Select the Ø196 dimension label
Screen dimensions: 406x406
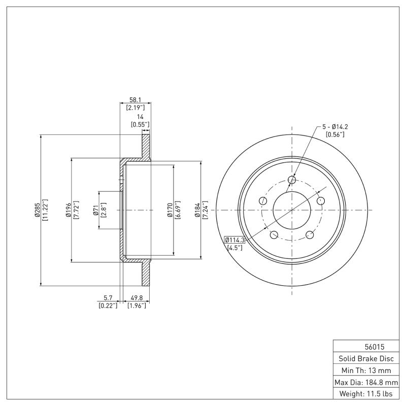[x=67, y=210]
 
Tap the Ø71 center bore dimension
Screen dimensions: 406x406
[x=95, y=210]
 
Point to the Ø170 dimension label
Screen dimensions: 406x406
[x=170, y=210]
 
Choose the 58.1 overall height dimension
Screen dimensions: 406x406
[x=135, y=100]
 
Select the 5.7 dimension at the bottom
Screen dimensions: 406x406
[x=108, y=298]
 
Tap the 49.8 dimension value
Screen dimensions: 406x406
[x=136, y=298]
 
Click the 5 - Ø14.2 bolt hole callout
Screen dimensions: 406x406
[x=335, y=126]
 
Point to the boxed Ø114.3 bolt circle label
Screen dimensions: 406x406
[x=234, y=240]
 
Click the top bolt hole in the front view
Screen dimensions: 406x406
[x=292, y=180]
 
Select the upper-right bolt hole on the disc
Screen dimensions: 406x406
[x=320, y=201]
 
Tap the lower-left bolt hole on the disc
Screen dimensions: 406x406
[x=274, y=234]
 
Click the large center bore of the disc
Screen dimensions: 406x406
[x=292, y=210]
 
